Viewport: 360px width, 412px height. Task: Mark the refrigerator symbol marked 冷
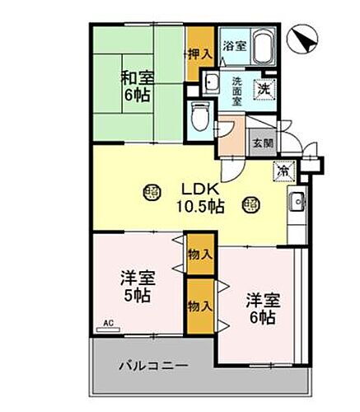[283, 171]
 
